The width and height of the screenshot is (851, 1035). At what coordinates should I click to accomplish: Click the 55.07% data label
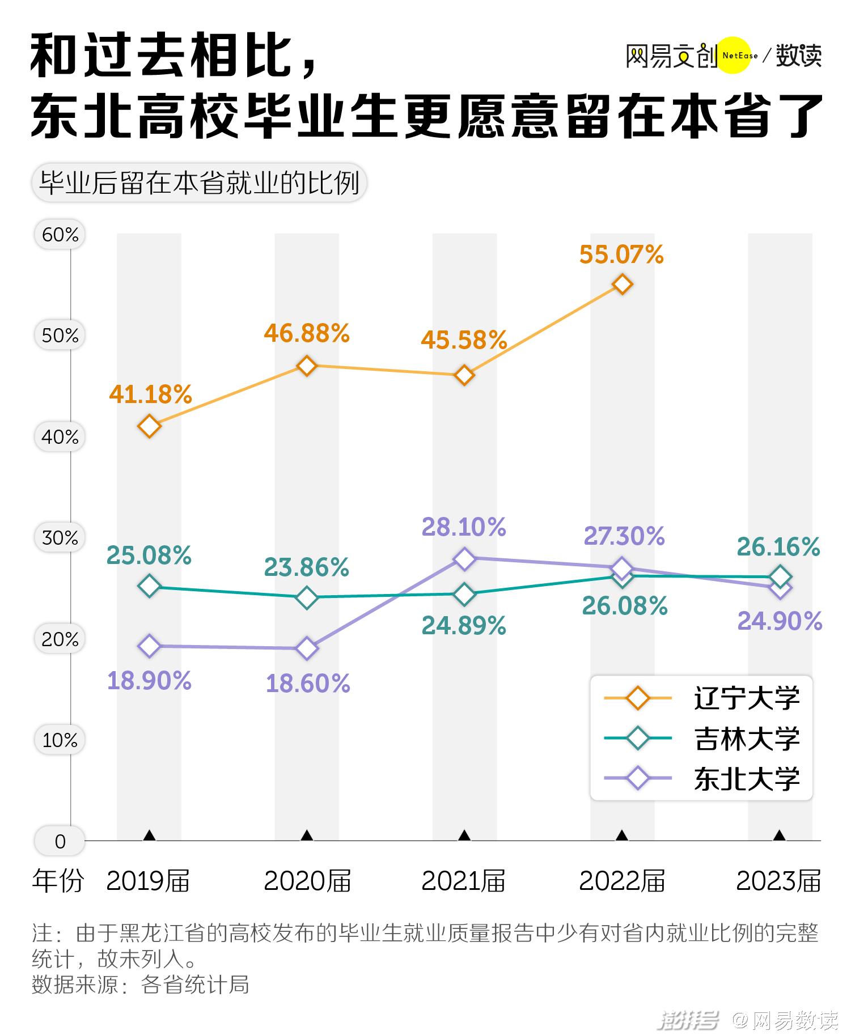pos(621,255)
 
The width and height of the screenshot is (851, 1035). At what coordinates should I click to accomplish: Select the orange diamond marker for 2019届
pos(149,426)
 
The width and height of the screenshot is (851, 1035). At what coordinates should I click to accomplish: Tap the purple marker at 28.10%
pos(464,559)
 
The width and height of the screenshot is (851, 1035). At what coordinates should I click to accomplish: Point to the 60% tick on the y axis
pos(60,235)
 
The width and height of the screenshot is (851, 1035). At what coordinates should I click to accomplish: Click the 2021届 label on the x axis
pos(463,881)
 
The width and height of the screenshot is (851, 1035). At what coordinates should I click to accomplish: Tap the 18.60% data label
pos(308,684)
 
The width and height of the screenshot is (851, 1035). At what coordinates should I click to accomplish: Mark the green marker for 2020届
pos(307,597)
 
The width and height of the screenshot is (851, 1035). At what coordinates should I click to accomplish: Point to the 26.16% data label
pos(778,548)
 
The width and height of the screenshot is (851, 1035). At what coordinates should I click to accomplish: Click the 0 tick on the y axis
pos(60,842)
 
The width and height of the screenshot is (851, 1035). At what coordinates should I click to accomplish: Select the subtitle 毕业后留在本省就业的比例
pos(199,183)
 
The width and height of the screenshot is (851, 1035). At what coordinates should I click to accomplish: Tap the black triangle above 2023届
pos(780,835)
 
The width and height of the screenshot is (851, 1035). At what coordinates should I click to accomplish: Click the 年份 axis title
pos(58,881)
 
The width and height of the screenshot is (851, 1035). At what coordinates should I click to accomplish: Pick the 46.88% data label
pos(307,333)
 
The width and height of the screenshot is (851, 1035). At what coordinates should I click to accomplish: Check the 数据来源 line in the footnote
pos(141,985)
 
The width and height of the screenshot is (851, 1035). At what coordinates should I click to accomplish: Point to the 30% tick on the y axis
pos(60,537)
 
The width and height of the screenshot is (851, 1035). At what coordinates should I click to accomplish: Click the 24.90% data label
pos(780,622)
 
